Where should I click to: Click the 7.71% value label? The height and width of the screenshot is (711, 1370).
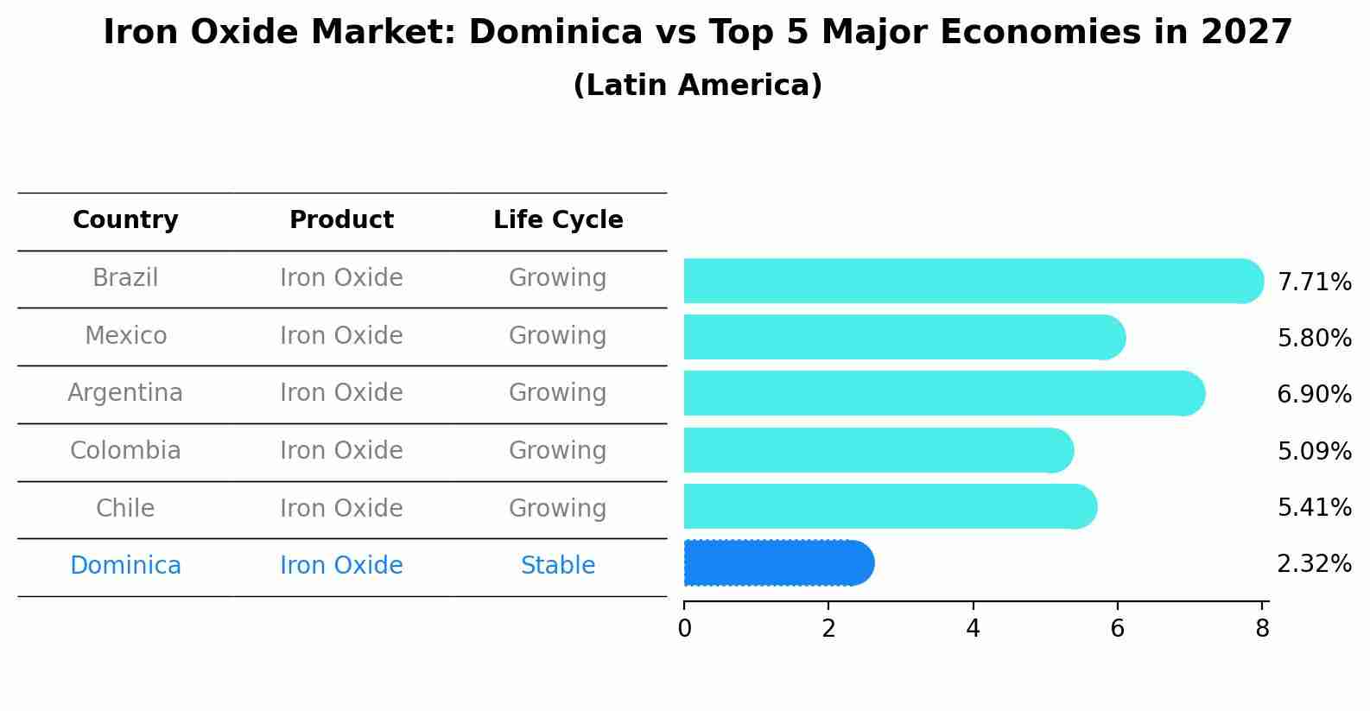pos(1314,282)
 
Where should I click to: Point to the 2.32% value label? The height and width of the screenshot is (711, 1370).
pos(1314,564)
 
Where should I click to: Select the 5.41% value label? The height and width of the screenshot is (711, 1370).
pos(1314,508)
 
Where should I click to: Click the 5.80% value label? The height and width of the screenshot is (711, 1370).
pos(1314,339)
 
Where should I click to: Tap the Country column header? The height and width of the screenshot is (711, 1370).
pos(125,220)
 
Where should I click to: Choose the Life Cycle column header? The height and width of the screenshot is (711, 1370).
pos(558,220)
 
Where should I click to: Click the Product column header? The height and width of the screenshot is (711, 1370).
pos(341,220)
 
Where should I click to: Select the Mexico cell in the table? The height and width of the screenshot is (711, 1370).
pos(125,335)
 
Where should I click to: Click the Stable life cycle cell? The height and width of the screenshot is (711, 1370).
pos(558,566)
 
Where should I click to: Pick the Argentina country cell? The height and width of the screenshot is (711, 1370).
pos(125,393)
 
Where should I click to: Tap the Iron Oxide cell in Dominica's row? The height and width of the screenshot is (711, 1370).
pos(341,566)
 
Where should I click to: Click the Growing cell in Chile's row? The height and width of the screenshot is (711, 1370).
pos(558,508)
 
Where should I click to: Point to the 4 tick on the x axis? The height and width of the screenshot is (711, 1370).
pos(973,628)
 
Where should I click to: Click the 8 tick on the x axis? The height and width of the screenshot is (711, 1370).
pos(1262,628)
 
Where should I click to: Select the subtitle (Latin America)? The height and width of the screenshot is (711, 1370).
pos(697,86)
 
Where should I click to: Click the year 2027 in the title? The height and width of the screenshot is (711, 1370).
pos(1246,33)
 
